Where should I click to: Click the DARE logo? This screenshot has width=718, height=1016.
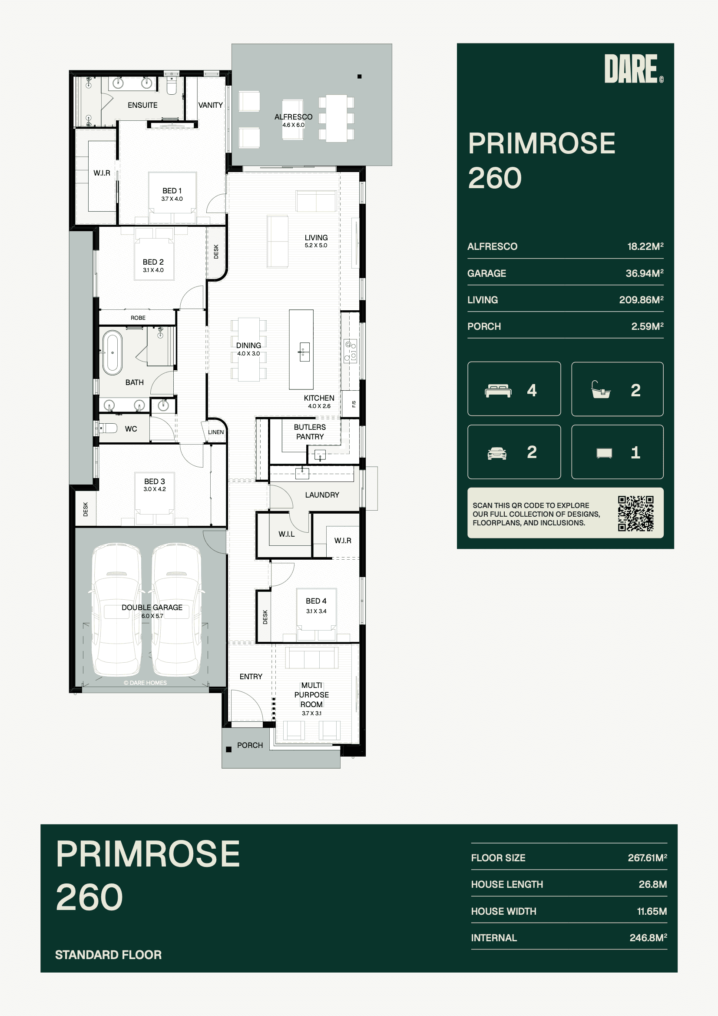coord(633,69)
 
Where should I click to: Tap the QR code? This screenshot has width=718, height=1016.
coord(636,513)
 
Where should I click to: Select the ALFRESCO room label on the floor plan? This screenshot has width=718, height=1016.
coord(293,117)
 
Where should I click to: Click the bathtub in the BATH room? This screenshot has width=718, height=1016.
coord(112,353)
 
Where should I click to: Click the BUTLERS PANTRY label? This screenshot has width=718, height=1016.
coord(310,432)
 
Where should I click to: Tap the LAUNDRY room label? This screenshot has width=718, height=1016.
coord(322,495)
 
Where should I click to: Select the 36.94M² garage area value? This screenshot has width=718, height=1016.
coord(644,273)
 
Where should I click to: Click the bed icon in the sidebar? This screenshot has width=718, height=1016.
coord(498,391)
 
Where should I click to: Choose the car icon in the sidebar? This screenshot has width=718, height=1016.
coord(497,453)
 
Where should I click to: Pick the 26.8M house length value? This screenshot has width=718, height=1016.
coord(652,884)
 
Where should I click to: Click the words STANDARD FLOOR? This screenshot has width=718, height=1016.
coord(109,954)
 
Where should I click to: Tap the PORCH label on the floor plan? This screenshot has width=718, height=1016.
coord(250,745)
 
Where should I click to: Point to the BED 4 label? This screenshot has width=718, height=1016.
coord(316,601)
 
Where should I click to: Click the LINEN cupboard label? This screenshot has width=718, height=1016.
coord(216,432)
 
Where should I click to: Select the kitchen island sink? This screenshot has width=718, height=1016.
coord(304,352)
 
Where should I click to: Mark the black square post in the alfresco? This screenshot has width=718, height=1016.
coord(360,76)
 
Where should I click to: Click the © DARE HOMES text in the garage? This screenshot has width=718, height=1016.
coord(145,683)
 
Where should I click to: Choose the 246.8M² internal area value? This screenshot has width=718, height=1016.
coord(648,938)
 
